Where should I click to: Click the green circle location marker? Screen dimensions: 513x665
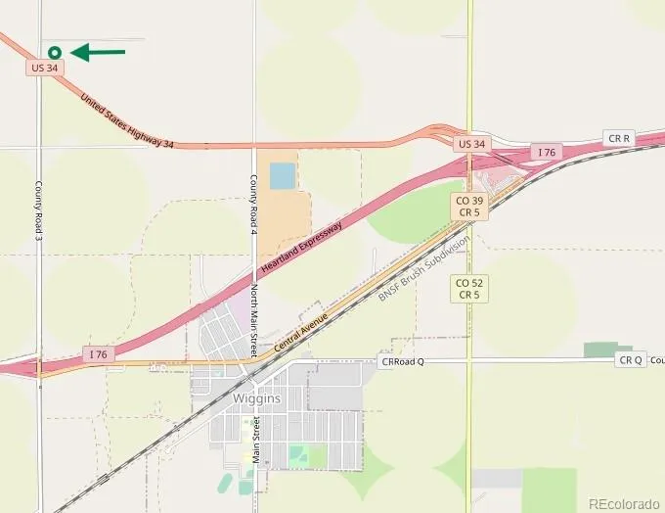pos(55,52)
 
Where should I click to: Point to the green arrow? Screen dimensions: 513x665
pos(100,52)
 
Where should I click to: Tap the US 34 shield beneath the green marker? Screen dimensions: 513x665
pos(45,68)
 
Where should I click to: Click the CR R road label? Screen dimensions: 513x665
pos(619,138)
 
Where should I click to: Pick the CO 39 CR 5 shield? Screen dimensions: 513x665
pos(468,206)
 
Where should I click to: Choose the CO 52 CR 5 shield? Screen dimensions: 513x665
pos(468,288)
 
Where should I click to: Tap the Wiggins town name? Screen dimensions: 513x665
pos(257,398)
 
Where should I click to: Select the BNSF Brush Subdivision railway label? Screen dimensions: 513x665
pos(424,267)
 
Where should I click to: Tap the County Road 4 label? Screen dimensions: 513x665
pos(252,204)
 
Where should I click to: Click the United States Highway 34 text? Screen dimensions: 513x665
pos(127,121)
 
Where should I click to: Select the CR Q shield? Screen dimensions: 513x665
pos(631,360)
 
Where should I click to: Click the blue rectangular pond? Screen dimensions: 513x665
pos(282,176)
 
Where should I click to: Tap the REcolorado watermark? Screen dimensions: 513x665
pos(622,502)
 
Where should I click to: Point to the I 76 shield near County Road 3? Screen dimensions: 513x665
pos(96,353)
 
